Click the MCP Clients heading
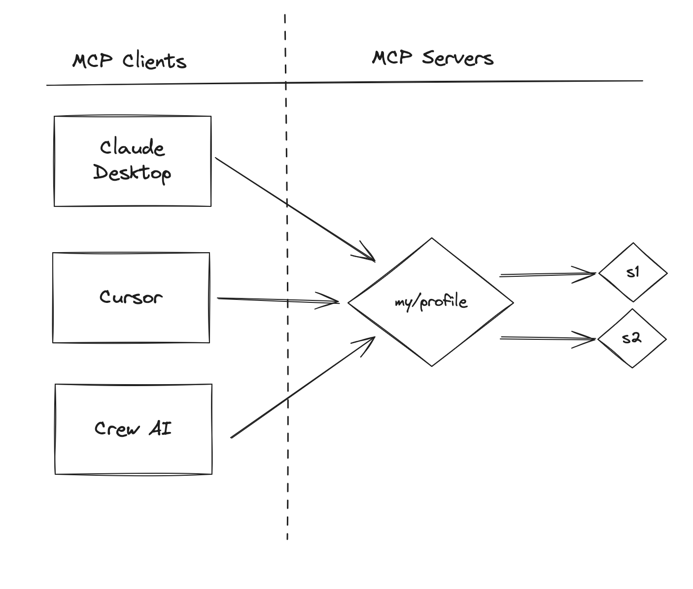(129, 61)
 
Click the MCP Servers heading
(432, 58)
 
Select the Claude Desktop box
(132, 161)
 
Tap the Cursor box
(131, 297)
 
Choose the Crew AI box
(133, 429)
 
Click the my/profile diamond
(431, 302)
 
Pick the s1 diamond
(633, 272)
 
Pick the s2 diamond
(632, 338)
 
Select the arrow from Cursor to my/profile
(276, 299)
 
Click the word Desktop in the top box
(132, 173)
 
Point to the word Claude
(132, 148)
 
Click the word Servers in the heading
(457, 58)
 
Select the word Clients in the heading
(154, 61)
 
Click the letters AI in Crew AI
(160, 428)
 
